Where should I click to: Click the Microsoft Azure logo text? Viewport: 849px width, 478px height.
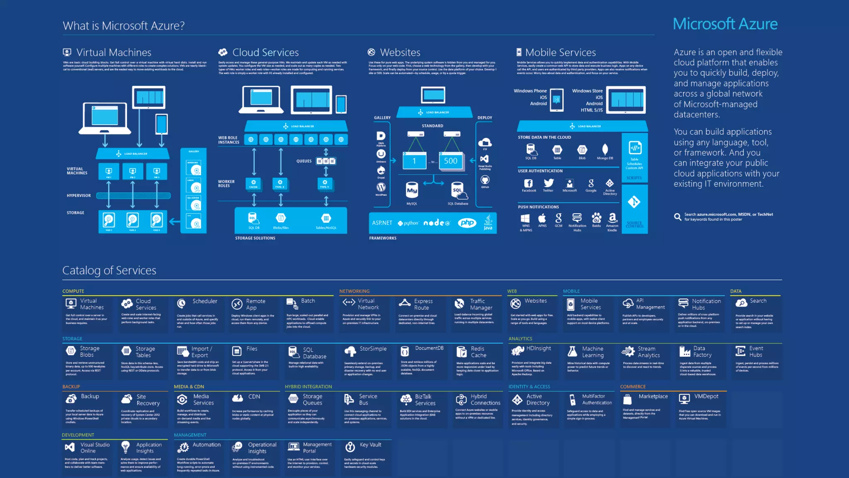725,24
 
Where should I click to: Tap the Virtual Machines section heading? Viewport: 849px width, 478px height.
114,52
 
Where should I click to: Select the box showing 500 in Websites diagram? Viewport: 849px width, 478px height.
451,161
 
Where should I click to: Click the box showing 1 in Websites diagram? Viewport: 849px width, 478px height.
414,161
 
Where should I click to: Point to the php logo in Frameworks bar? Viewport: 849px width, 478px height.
467,223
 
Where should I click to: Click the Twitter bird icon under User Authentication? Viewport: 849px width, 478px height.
548,183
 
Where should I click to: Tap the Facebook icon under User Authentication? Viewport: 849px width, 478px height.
528,183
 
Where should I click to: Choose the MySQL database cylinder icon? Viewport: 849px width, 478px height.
412,190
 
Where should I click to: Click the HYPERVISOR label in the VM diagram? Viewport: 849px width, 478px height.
79,195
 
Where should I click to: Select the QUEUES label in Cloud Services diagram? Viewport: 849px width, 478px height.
304,161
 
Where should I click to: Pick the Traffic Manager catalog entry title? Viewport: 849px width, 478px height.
481,304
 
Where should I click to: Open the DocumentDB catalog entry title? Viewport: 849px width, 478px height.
429,349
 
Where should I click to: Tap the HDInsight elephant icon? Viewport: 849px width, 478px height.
517,351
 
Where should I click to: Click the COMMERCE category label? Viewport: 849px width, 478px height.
633,387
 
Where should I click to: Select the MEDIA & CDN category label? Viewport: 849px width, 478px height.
189,387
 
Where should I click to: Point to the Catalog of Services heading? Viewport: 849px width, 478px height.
109,271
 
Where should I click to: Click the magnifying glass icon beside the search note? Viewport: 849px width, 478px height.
678,217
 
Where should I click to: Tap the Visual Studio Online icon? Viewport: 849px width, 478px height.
70,447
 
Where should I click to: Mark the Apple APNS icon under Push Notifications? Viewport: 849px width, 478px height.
542,218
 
